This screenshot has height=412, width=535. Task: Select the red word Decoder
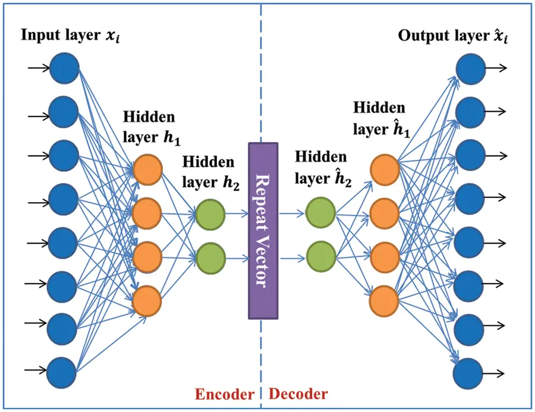tap(298, 394)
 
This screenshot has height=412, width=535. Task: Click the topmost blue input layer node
tap(64, 68)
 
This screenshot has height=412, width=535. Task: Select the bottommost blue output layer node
tap(468, 373)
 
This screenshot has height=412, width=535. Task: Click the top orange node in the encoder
tap(147, 170)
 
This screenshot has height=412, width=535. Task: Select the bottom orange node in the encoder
tap(147, 301)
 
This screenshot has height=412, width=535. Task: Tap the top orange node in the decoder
tap(384, 170)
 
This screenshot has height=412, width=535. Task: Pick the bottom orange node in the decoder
tap(384, 301)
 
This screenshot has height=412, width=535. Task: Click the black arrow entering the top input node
tap(38, 69)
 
